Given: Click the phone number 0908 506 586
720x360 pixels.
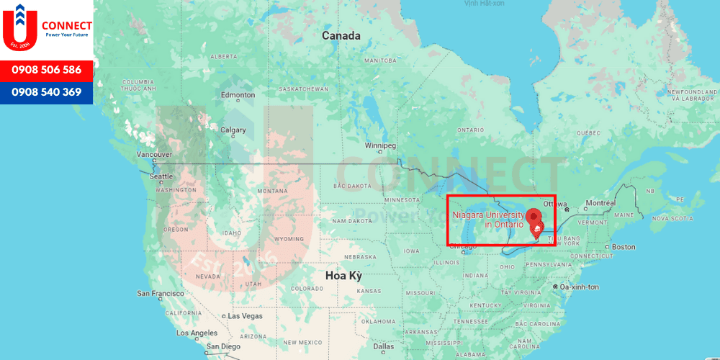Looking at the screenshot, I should point(46,71).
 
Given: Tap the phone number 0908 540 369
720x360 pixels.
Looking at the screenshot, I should point(46,92).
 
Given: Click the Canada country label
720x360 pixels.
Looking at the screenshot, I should point(341,35).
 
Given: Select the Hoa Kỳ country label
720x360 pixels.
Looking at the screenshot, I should point(343,276).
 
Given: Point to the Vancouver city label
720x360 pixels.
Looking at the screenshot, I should point(154,154).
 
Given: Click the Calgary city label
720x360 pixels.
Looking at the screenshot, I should point(233,130).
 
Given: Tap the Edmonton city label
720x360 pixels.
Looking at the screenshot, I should point(238,95).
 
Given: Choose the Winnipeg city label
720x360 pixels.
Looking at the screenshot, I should point(380,145).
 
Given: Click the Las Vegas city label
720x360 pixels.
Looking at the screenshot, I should point(245,316).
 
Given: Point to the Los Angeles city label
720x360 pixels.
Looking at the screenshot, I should point(196,333).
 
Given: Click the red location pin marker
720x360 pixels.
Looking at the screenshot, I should point(534,216).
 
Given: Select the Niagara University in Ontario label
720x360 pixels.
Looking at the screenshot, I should point(489,220).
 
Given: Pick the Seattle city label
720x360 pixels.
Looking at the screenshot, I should point(161,176).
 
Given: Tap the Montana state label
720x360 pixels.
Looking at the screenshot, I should point(272,191).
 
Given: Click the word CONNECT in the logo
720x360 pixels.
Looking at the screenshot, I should point(67,26).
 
